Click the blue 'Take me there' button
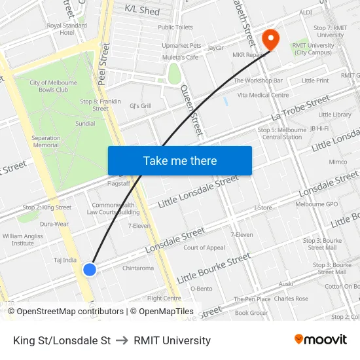180,161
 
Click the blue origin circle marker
90,269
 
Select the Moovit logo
320,340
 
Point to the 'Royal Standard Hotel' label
67,29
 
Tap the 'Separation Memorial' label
46,141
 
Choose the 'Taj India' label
65,260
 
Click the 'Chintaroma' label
138,268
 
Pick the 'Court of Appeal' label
204,248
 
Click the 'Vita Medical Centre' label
262,95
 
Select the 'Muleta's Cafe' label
180,57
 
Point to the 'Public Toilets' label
175,27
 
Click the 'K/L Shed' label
142,11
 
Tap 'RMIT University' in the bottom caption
172,340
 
